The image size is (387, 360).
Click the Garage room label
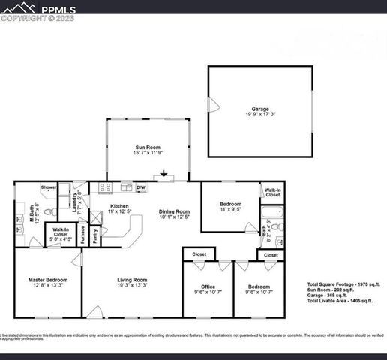pos(260,109)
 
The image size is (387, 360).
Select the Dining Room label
pos(174,211)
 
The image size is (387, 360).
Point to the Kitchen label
pos(119,206)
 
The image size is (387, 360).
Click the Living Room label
pos(132,280)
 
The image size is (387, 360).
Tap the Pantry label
pos(95,236)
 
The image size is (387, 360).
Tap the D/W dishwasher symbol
pos(140,187)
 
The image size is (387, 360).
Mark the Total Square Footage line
pos(344,284)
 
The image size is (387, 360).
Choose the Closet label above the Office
pos(199,254)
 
